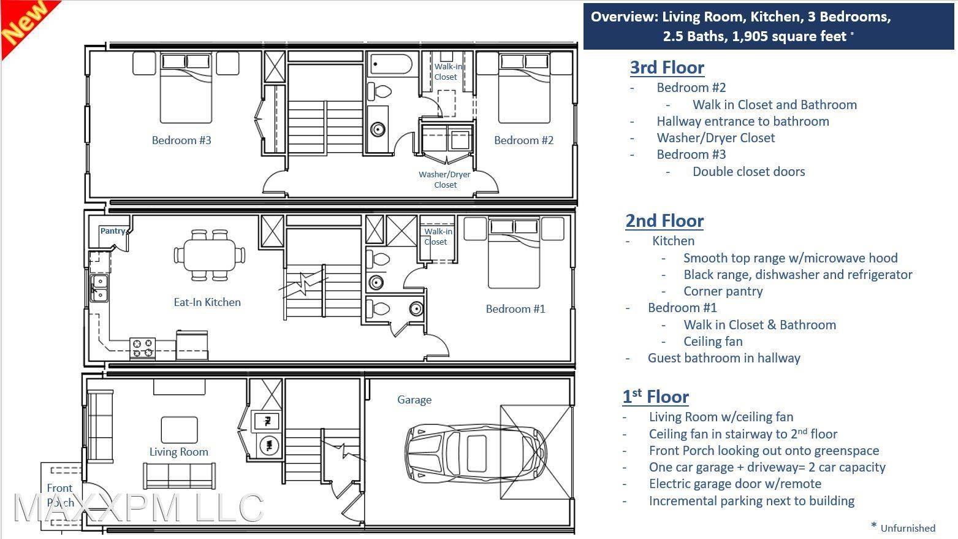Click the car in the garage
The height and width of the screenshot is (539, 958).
click(x=476, y=453)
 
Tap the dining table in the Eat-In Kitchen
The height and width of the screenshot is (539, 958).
click(x=210, y=255)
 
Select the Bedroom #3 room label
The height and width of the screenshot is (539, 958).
click(x=181, y=140)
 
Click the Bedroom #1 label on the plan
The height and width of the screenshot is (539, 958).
click(x=515, y=309)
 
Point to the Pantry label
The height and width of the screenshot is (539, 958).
click(x=113, y=231)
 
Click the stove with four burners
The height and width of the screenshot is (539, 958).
click(x=142, y=348)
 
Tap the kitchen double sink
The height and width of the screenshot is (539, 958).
click(x=99, y=288)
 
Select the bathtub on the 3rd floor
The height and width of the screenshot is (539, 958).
click(x=390, y=64)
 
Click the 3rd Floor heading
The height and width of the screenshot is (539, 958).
click(x=667, y=67)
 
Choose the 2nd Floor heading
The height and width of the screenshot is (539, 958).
click(x=664, y=221)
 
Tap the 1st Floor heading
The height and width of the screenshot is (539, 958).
click(x=655, y=397)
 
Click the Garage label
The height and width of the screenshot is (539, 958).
click(x=414, y=400)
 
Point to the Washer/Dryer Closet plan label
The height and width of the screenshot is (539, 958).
click(x=445, y=180)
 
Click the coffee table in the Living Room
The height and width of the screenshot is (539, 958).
click(x=179, y=429)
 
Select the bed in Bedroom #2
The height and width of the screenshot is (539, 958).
click(x=524, y=88)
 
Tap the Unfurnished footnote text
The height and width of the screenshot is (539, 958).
click(x=908, y=529)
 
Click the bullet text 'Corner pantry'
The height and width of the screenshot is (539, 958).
click(x=723, y=291)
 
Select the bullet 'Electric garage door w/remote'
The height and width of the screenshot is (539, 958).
click(x=735, y=484)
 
